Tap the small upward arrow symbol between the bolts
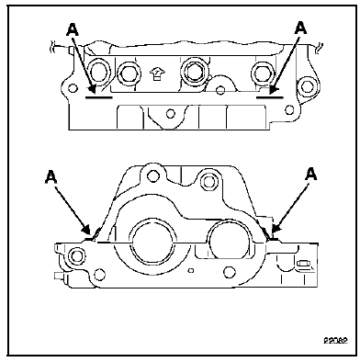tap(157, 74)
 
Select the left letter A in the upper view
tap(73, 29)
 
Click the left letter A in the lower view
tap(51, 176)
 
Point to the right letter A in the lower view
tap(310, 175)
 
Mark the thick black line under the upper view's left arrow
tap(99, 97)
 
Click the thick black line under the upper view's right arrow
tap(270, 97)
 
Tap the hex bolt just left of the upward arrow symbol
tap(129, 74)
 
